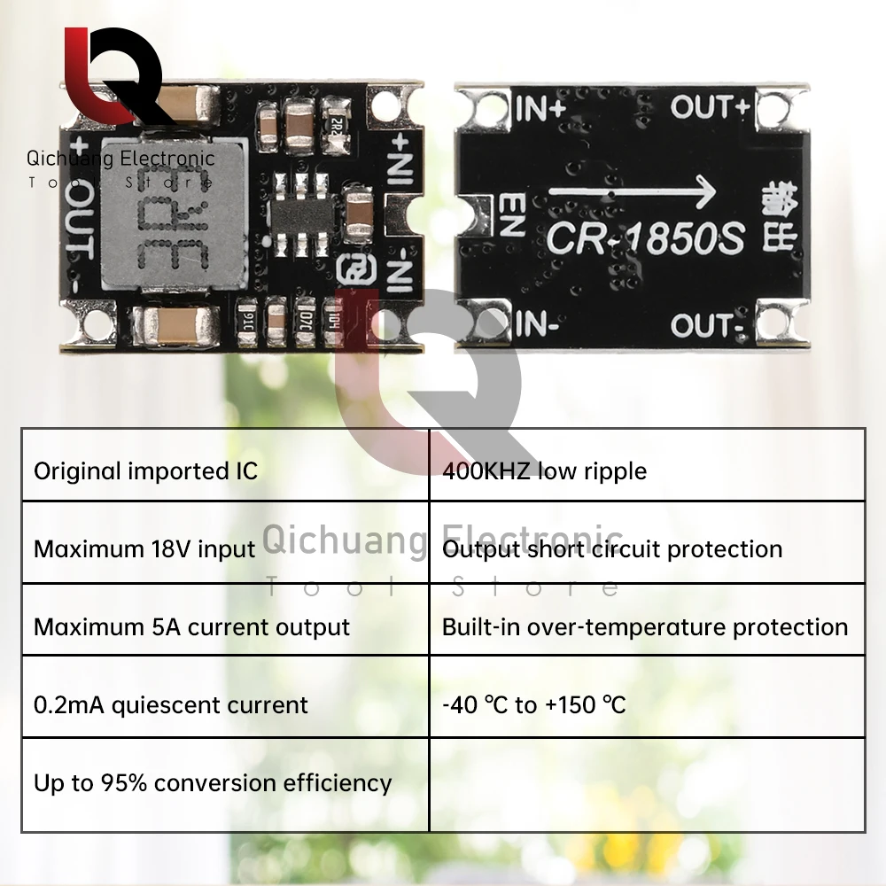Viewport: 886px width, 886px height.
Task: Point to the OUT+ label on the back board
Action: [x=710, y=107]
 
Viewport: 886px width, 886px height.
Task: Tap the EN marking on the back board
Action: [x=513, y=215]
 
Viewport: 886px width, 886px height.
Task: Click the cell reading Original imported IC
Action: [x=145, y=470]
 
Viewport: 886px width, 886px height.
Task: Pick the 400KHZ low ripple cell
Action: [x=544, y=470]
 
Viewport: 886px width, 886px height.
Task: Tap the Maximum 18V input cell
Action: [x=144, y=548]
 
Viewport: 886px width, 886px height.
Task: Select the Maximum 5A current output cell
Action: [x=191, y=626]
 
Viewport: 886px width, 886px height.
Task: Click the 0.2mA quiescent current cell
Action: [x=171, y=704]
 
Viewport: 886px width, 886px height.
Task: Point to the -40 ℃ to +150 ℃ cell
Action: [x=533, y=704]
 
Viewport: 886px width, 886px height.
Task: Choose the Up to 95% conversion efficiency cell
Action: [x=213, y=782]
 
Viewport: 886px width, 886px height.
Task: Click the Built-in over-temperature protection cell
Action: [x=644, y=626]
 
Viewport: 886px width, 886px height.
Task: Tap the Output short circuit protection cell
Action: [x=611, y=548]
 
